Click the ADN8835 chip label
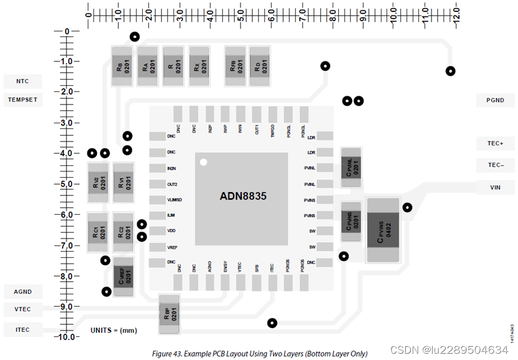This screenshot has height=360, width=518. pyautogui.click(x=243, y=196)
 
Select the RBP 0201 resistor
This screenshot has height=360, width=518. pyautogui.click(x=170, y=314)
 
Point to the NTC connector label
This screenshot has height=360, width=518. pyautogui.click(x=23, y=81)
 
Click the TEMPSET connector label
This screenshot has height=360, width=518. pyautogui.click(x=23, y=99)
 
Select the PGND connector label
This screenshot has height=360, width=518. pyautogui.click(x=494, y=100)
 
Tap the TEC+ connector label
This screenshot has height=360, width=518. pyautogui.click(x=494, y=143)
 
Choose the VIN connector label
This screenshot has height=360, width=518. pyautogui.click(x=494, y=187)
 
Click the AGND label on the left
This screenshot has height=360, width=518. pyautogui.click(x=23, y=292)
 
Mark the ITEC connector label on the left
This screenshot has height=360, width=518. pyautogui.click(x=23, y=329)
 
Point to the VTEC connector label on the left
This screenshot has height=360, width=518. pyautogui.click(x=23, y=309)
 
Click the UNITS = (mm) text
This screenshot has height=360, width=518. pyautogui.click(x=113, y=330)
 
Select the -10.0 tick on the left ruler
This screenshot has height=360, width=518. pyautogui.click(x=65, y=337)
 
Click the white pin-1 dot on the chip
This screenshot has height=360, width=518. pyautogui.click(x=203, y=163)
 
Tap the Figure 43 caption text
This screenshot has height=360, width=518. pyautogui.click(x=259, y=354)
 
